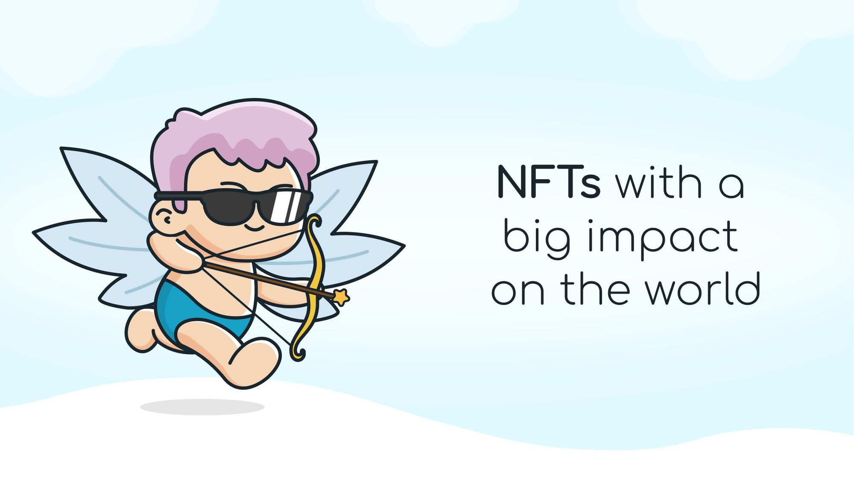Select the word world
[702, 288]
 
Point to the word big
[537, 239]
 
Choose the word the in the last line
[596, 288]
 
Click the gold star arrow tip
[341, 297]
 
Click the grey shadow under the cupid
[202, 407]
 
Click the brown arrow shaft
[269, 280]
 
